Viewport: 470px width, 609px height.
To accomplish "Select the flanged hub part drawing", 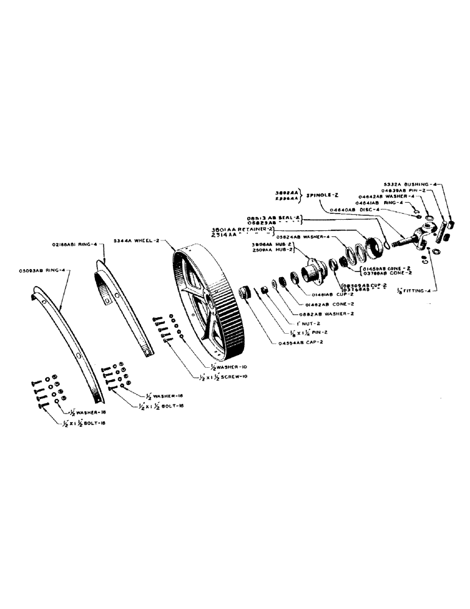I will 314,269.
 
